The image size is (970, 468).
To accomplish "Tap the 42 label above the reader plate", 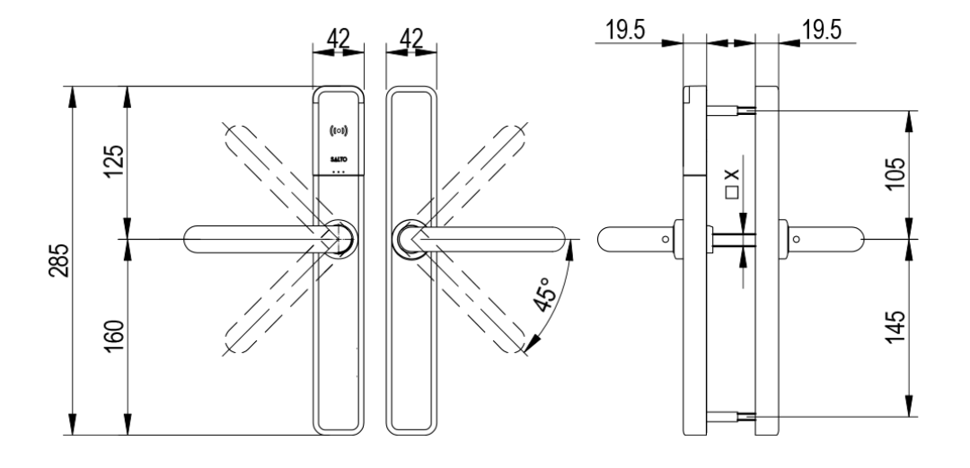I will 337,39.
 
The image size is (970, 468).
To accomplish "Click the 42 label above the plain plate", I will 410,39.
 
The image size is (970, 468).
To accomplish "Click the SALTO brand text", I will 339,157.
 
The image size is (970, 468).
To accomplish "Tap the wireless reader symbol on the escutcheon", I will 339,132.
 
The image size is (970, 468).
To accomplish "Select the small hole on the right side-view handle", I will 797,239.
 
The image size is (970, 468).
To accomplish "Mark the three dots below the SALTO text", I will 339,170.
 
